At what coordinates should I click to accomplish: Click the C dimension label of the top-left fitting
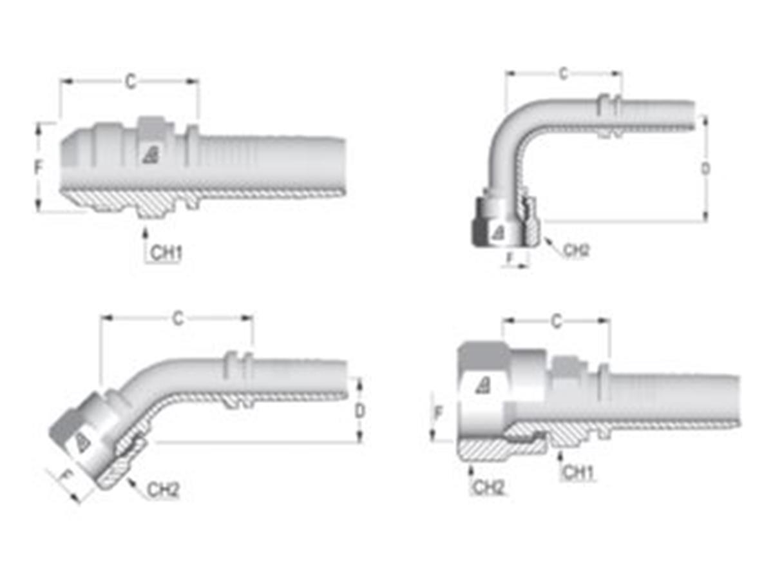click(131, 82)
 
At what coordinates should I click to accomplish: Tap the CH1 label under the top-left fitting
click(166, 253)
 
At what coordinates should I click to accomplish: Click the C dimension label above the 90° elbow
click(563, 73)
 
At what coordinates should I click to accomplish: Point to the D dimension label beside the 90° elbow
click(706, 169)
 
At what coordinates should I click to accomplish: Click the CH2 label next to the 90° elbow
click(576, 251)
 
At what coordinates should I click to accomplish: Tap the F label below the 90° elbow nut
click(510, 257)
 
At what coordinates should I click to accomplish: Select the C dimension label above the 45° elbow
click(178, 318)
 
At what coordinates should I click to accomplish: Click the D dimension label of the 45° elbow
click(361, 411)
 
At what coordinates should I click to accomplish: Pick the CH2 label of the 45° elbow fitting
click(163, 490)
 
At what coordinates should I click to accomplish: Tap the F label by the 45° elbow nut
click(64, 478)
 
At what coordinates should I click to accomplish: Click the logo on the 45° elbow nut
click(82, 442)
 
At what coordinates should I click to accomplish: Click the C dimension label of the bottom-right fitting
click(557, 322)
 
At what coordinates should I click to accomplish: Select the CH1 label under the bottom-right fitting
click(578, 473)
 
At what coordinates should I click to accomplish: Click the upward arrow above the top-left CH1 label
click(146, 232)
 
